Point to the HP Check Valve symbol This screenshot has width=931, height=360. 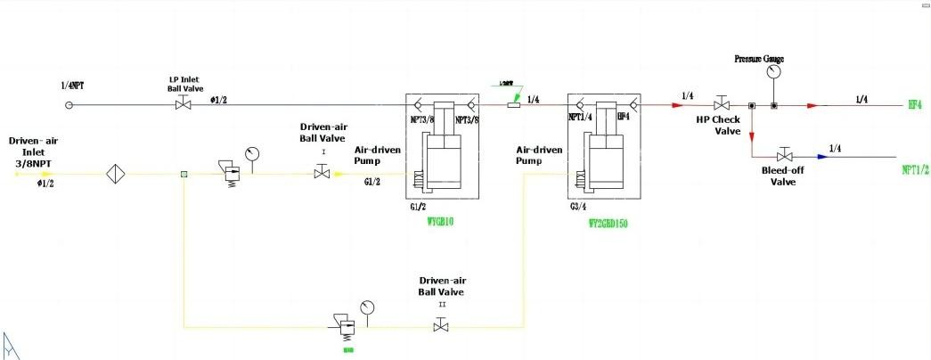[x=723, y=105]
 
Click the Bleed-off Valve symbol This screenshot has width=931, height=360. [x=785, y=157]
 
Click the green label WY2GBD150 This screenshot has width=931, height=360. [x=608, y=225]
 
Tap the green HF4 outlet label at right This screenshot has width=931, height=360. [x=914, y=105]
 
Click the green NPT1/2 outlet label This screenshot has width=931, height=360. [x=916, y=168]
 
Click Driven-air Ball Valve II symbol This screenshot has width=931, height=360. [x=441, y=327]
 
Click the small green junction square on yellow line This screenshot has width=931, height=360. [x=183, y=174]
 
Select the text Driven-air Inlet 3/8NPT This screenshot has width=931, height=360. [x=33, y=152]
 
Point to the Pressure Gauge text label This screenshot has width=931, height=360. [x=759, y=59]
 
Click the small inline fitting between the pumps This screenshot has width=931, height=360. [x=513, y=105]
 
